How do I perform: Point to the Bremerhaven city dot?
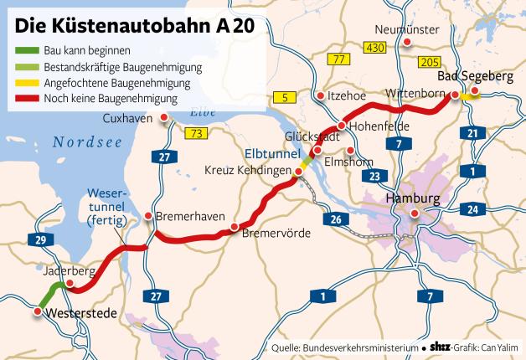[x=147, y=217]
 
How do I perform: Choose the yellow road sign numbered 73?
[x=198, y=133]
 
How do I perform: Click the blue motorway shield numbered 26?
[x=336, y=219]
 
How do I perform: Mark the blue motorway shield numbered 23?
[x=374, y=176]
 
